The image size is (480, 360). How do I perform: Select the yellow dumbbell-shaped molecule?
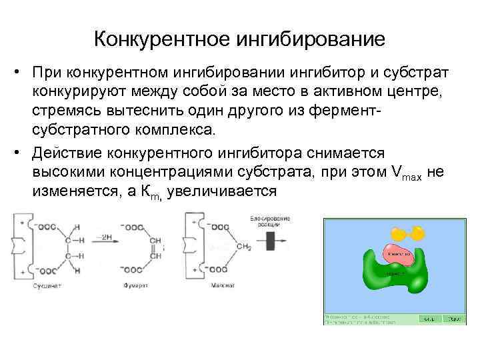tap(407, 233)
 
